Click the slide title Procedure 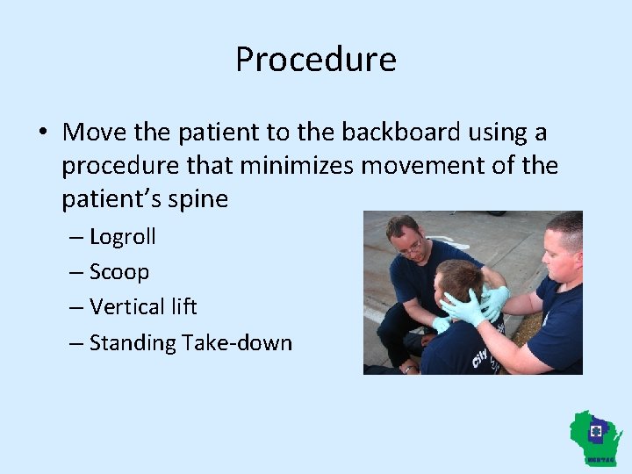pos(316,60)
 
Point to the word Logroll pos(122,237)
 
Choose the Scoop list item pos(119,272)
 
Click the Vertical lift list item pos(143,307)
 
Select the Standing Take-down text pos(190,342)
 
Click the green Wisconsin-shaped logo pos(596,436)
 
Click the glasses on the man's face pos(410,248)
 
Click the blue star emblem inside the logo pos(597,432)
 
